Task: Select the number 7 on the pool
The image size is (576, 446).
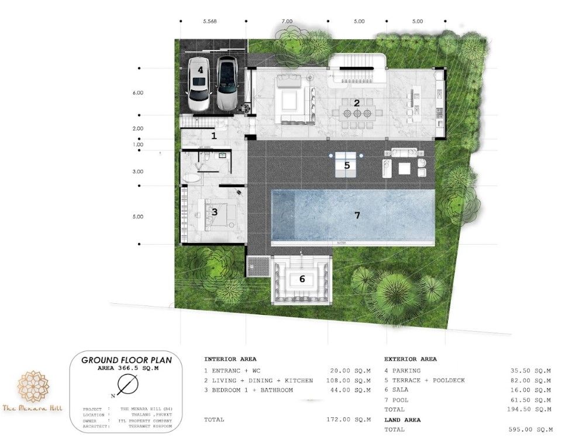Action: click(x=357, y=215)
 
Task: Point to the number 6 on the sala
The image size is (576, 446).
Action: click(x=302, y=279)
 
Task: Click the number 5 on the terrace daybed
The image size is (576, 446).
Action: click(x=347, y=166)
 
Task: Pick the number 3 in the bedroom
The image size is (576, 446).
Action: click(x=215, y=212)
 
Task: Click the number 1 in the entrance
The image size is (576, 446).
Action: click(x=213, y=136)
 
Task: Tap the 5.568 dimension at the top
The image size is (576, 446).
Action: click(x=210, y=21)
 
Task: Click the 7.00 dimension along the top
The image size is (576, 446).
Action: click(x=287, y=21)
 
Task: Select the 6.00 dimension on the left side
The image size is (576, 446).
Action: click(x=138, y=92)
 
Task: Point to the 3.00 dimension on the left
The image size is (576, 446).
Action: click(x=138, y=171)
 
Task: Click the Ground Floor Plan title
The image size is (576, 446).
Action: click(x=126, y=360)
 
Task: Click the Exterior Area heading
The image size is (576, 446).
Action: click(x=411, y=359)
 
